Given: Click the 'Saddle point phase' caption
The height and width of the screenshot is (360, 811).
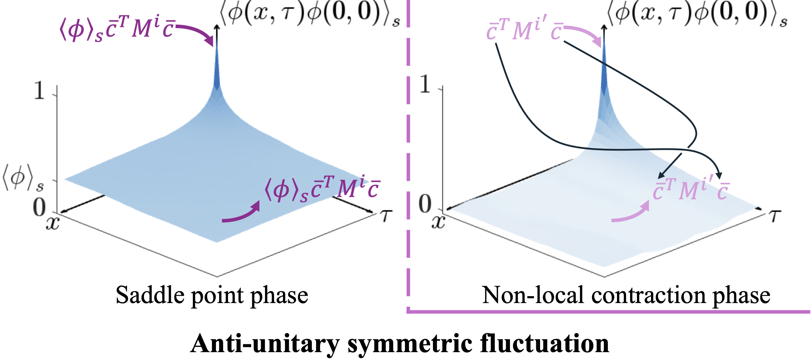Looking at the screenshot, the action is coord(212,296).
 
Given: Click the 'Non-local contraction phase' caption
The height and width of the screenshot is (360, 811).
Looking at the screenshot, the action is coord(626,296).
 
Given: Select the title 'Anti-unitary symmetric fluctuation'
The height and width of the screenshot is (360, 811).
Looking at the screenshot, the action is coord(400,344).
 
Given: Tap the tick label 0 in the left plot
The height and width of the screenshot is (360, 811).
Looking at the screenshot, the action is coord(39,207).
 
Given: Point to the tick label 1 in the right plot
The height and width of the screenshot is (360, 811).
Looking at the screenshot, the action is coord(425,84).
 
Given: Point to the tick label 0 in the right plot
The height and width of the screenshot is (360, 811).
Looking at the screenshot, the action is coord(425,204).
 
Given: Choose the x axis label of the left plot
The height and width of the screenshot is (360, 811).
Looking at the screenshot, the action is coord(53,223).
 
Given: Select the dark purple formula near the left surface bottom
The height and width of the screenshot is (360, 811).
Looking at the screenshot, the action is coord(322,189).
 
